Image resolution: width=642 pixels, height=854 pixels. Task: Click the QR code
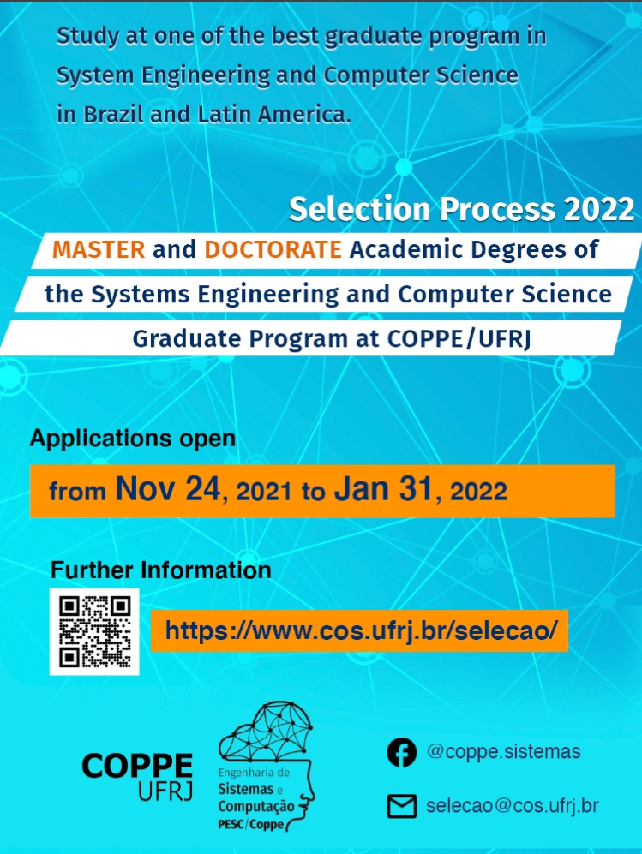click(94, 632)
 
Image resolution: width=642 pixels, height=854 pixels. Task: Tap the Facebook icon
click(402, 752)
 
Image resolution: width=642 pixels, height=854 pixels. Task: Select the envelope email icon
click(402, 806)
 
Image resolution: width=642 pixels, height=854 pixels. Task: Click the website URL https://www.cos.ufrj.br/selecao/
click(361, 630)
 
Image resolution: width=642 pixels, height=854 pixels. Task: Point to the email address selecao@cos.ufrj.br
click(513, 805)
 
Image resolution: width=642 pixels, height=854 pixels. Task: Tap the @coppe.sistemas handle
click(504, 751)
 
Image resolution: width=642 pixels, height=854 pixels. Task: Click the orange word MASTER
click(99, 249)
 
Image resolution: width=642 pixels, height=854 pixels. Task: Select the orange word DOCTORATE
click(273, 249)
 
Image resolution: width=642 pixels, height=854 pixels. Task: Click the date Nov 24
click(168, 488)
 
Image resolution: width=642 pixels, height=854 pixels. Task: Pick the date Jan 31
click(383, 488)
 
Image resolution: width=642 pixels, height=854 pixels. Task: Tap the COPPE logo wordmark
click(137, 776)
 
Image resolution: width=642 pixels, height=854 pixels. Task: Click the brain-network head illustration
click(267, 766)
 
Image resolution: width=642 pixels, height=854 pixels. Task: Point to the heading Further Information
click(161, 570)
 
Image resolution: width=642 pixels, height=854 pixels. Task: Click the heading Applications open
click(133, 439)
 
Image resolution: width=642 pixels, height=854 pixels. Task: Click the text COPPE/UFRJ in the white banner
click(459, 338)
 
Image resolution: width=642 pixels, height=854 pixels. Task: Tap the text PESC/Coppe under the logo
click(250, 824)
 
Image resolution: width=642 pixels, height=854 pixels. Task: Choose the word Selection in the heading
click(360, 209)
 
